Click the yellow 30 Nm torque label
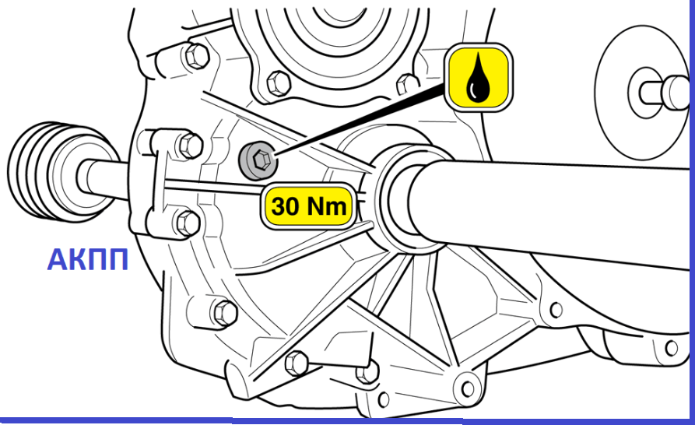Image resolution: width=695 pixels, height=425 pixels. coord(308,206)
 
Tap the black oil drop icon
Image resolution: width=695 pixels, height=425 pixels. coord(479,77)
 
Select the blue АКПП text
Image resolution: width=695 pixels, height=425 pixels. coord(88,260)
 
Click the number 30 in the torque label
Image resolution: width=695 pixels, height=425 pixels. coord(286,206)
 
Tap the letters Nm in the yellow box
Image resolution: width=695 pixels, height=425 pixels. coord(327,206)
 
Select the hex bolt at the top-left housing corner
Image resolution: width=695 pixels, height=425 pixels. coord(196,55)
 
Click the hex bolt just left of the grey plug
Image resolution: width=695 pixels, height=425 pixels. coord(191,146)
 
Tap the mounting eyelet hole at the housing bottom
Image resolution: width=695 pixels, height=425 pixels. coord(468,388)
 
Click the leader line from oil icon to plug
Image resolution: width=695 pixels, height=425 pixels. coord(360,120)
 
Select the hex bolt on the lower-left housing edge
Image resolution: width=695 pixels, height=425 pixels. coord(226,314)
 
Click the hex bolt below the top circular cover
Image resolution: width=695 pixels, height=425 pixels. coord(279,83)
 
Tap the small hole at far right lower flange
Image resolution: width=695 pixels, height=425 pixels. coord(672,347)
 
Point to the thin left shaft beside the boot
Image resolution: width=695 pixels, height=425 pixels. coord(104,178)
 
